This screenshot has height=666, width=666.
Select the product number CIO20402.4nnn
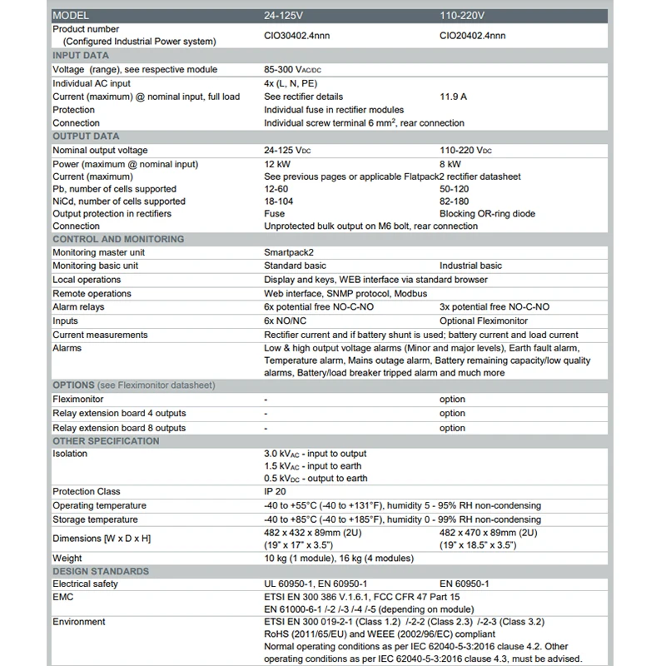[472, 36]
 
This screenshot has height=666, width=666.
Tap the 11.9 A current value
[453, 97]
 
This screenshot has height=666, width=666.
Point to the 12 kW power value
[278, 164]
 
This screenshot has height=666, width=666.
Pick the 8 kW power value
[450, 164]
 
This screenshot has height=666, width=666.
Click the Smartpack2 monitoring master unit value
[289, 252]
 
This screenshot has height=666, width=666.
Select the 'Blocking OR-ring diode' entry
[487, 214]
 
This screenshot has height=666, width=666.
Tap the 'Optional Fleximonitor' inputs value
[484, 321]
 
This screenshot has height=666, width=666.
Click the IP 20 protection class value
[276, 492]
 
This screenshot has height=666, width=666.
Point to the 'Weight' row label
[67, 558]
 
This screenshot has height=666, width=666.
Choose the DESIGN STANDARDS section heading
[101, 571]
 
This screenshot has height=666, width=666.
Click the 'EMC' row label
[63, 597]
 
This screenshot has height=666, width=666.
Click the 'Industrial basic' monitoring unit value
[470, 266]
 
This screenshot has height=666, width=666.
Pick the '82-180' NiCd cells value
[454, 201]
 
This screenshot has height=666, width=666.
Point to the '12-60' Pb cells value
[278, 189]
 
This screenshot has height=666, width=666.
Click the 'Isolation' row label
[70, 454]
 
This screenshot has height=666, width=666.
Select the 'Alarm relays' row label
[79, 306]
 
